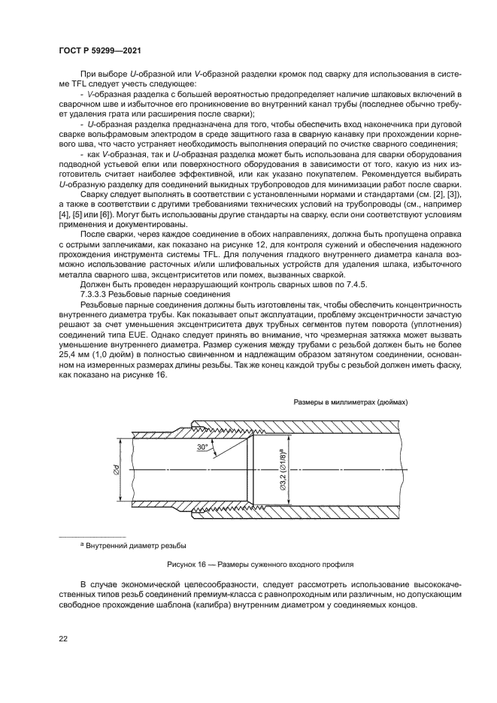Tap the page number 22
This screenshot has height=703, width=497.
[63, 638]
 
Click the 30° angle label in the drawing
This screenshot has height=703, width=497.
[202, 447]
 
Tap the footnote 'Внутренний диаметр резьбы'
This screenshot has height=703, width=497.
[136, 544]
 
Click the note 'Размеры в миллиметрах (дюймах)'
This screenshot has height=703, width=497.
[350, 402]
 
